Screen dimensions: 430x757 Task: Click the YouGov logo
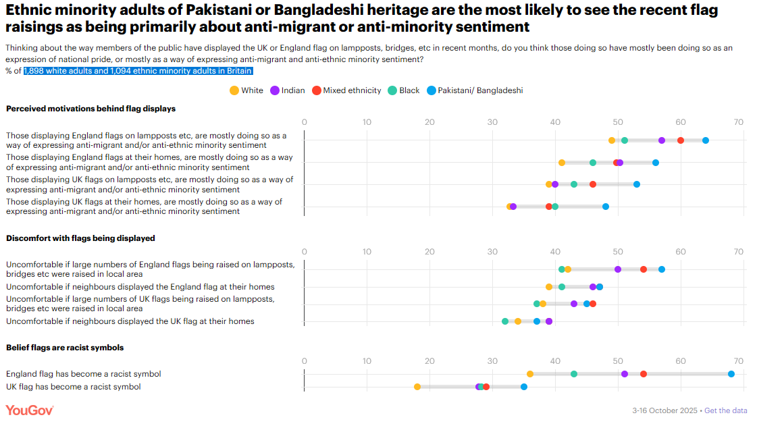(x=30, y=410)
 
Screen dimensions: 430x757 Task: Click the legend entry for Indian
(x=288, y=90)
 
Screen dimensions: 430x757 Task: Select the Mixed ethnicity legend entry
(x=346, y=90)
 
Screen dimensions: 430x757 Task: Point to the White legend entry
(x=246, y=90)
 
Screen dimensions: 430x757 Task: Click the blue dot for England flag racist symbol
(x=731, y=374)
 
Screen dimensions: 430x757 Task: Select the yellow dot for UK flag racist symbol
(x=417, y=387)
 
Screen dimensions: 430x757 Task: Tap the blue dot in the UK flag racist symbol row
(x=524, y=387)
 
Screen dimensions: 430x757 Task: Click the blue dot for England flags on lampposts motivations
(x=706, y=140)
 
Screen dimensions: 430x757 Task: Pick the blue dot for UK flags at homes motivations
(x=606, y=207)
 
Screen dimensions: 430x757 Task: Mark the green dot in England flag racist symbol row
(x=574, y=374)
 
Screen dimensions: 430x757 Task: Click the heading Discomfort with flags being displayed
(x=80, y=238)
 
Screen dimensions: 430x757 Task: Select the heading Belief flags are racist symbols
(x=65, y=348)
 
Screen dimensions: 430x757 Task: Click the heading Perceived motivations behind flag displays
(x=90, y=108)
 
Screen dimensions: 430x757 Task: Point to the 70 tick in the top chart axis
(x=739, y=122)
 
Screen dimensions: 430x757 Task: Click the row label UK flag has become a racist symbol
(x=74, y=387)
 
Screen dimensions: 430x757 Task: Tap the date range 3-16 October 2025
(x=664, y=410)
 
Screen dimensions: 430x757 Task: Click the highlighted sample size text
(x=138, y=71)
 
